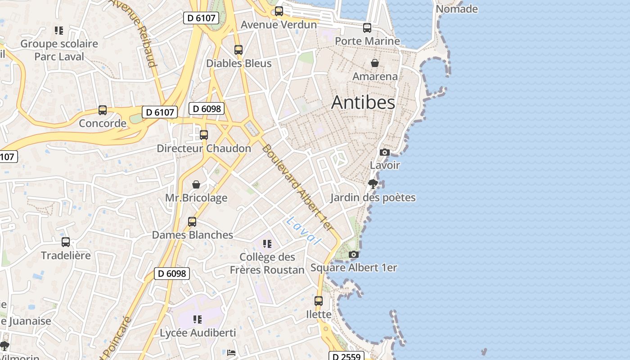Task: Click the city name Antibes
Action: point(363,103)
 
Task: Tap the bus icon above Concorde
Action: point(103,110)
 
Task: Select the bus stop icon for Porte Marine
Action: point(367,28)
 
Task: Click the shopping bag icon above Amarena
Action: point(374,63)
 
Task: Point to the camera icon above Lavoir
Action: point(385,152)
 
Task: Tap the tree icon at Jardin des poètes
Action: point(373,184)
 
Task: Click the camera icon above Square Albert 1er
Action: point(354,254)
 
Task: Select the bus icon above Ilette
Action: point(319,301)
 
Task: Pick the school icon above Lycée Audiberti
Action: point(197,319)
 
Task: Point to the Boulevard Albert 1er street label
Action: point(298,188)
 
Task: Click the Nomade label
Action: point(457,9)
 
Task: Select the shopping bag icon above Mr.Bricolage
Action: point(196,184)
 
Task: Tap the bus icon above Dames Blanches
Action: point(192,222)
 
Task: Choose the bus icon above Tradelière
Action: point(66,242)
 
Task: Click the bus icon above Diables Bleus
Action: point(238,50)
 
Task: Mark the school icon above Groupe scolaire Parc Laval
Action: point(59,31)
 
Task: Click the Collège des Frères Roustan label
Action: point(267,263)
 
